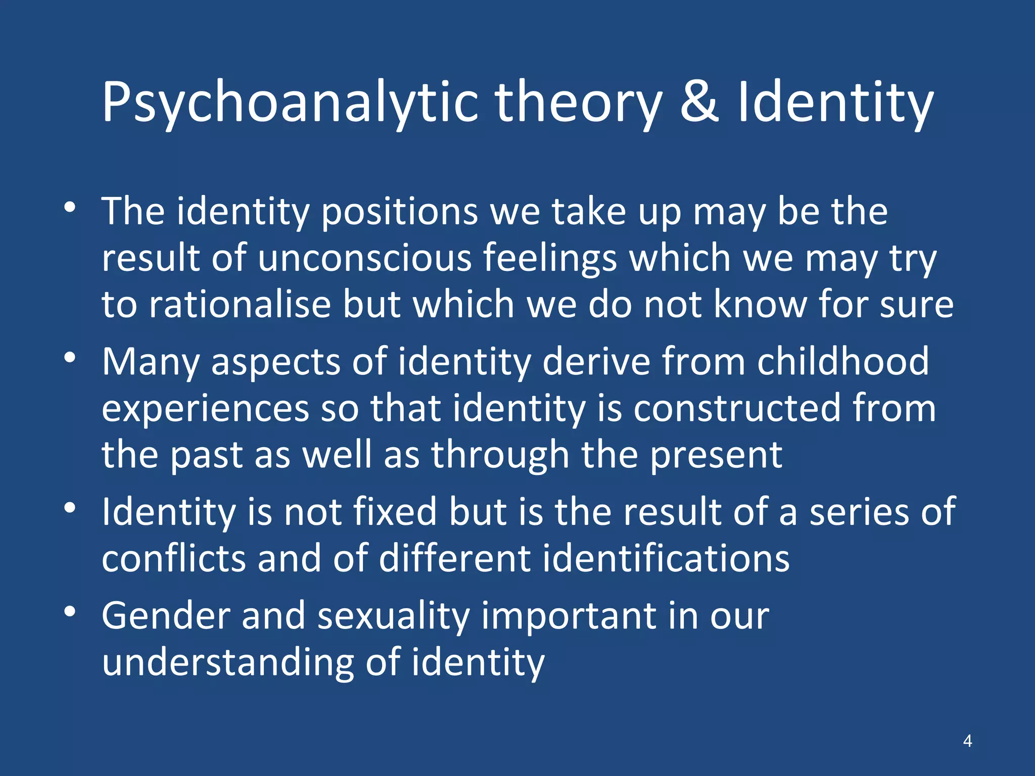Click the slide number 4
click(967, 741)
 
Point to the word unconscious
click(364, 258)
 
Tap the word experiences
click(205, 409)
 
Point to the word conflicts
click(173, 558)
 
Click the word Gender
click(166, 616)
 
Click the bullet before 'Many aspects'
click(70, 357)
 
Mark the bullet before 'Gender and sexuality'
click(70, 612)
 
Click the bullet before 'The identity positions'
click(70, 207)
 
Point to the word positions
click(399, 212)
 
